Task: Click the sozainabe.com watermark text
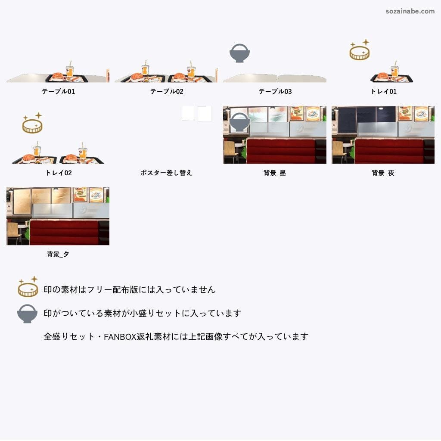coord(410,11)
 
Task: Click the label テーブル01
coord(58,91)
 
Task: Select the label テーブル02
coord(167,91)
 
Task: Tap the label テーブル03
coord(275,91)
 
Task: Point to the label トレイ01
coord(383,91)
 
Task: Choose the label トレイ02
coord(58,173)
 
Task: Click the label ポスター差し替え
coord(166,173)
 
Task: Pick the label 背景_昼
coord(275,173)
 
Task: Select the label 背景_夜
coord(383,173)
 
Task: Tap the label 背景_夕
coord(58,254)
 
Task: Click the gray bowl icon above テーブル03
coord(239,53)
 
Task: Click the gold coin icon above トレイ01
coord(359,51)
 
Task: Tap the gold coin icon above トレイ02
coord(32,124)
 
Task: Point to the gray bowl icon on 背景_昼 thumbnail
coord(239,122)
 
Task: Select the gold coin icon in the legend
coord(28,287)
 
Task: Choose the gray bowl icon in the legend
coord(27,314)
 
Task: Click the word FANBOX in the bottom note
coord(117,336)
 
